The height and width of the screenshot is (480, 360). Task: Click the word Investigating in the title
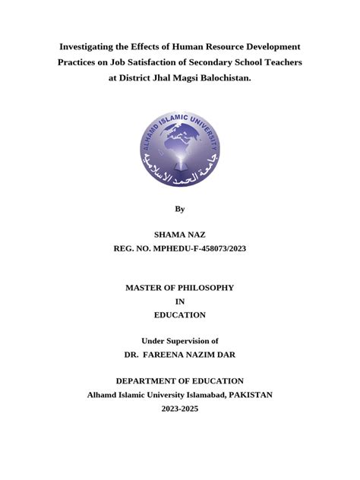pos(90,47)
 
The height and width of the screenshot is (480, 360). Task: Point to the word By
pos(179,208)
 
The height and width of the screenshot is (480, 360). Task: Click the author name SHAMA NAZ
pos(179,236)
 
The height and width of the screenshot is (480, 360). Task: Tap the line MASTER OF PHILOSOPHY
pos(179,287)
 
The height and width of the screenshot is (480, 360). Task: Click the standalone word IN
pos(179,301)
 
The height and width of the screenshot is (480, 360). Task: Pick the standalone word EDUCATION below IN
pos(179,314)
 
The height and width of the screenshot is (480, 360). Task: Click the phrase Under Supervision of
pos(179,341)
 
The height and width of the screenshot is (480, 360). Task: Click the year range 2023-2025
pos(179,409)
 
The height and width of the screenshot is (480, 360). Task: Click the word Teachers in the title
pos(280,62)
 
